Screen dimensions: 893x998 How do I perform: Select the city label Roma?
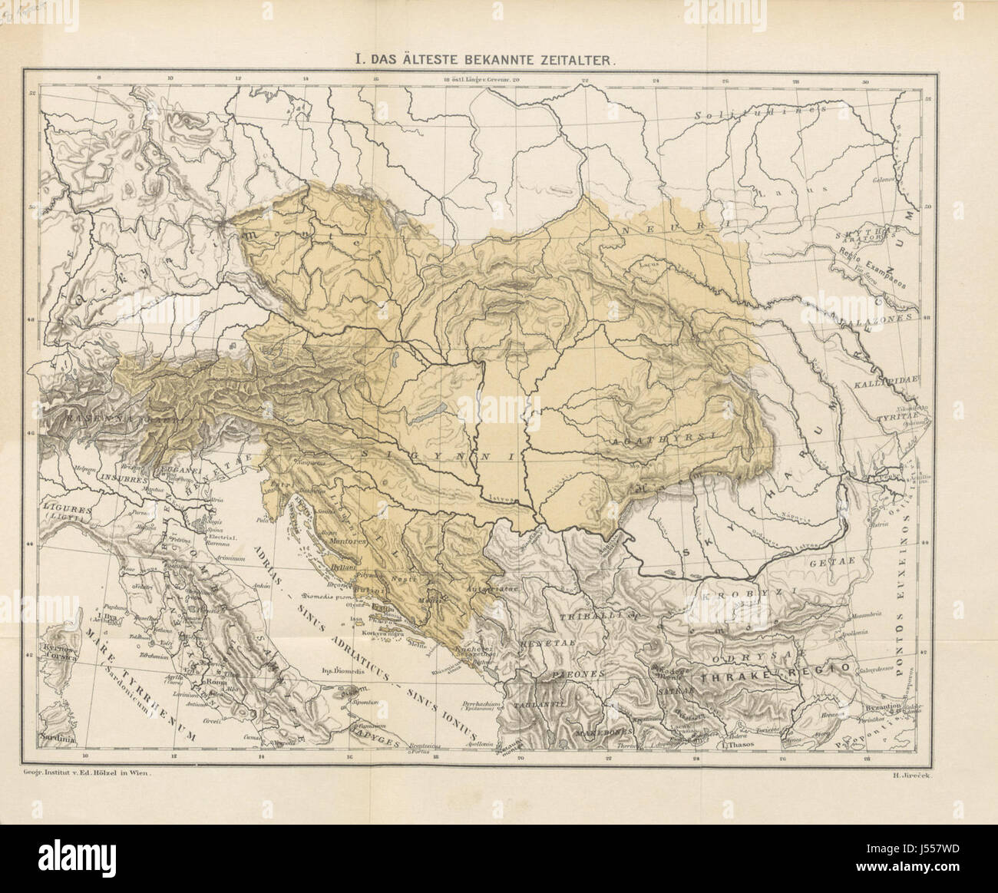pos(212,681)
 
